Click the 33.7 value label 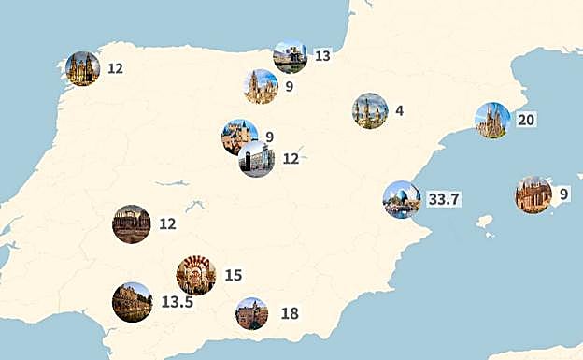[445, 199]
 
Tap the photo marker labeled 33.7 [401, 199]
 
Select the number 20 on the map [526, 120]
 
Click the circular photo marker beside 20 [492, 121]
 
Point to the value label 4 [399, 110]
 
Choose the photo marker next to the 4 [370, 110]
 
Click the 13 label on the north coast [322, 56]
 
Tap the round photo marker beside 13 [291, 57]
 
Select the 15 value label [233, 275]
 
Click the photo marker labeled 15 [196, 275]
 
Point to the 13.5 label [177, 301]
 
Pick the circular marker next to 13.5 [132, 301]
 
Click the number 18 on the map [290, 313]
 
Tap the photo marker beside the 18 [252, 313]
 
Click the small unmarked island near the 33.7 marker [484, 222]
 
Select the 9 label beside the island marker [563, 194]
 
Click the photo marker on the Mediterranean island [533, 194]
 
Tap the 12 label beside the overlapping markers [291, 159]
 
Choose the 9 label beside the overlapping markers [269, 137]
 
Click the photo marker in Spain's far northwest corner [83, 68]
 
